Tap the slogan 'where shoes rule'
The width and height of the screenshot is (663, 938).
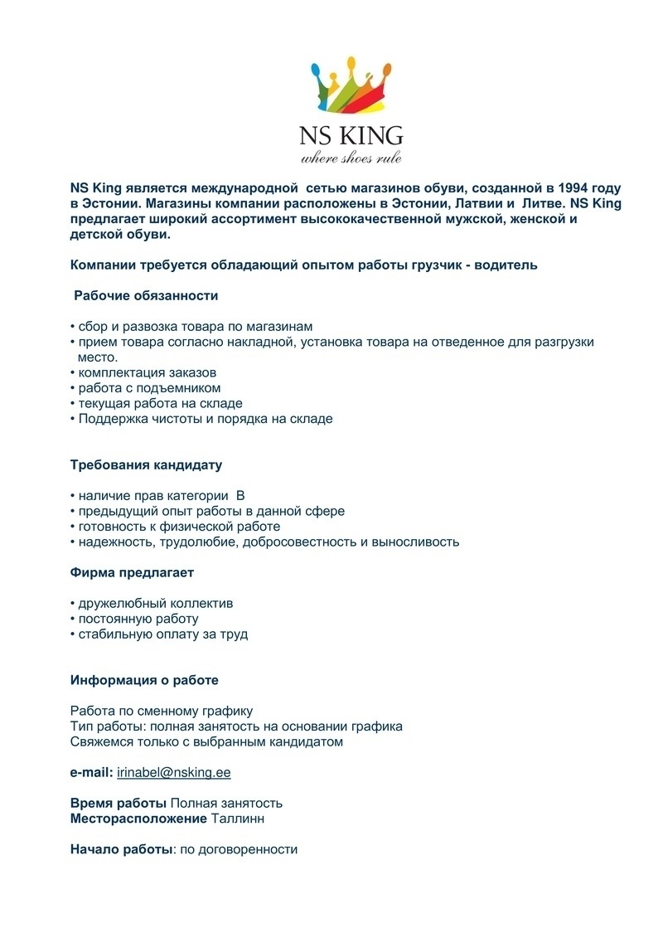pos(351,158)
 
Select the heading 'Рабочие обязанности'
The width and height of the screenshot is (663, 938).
pos(146,295)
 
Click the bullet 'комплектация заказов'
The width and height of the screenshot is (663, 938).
pos(147,372)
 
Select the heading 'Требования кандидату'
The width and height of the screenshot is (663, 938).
pos(146,465)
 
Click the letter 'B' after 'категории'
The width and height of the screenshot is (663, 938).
pos(240,496)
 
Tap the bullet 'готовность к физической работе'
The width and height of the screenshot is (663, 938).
pos(179,527)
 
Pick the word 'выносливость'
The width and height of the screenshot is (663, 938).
pos(419,542)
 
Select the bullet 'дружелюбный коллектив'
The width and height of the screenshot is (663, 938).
pos(155,604)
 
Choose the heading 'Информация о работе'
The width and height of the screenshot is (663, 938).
pos(144,681)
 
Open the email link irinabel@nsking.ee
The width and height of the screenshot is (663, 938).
pos(174,773)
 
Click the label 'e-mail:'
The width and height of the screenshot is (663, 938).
pos(91,773)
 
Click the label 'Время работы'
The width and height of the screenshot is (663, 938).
pos(119,804)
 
